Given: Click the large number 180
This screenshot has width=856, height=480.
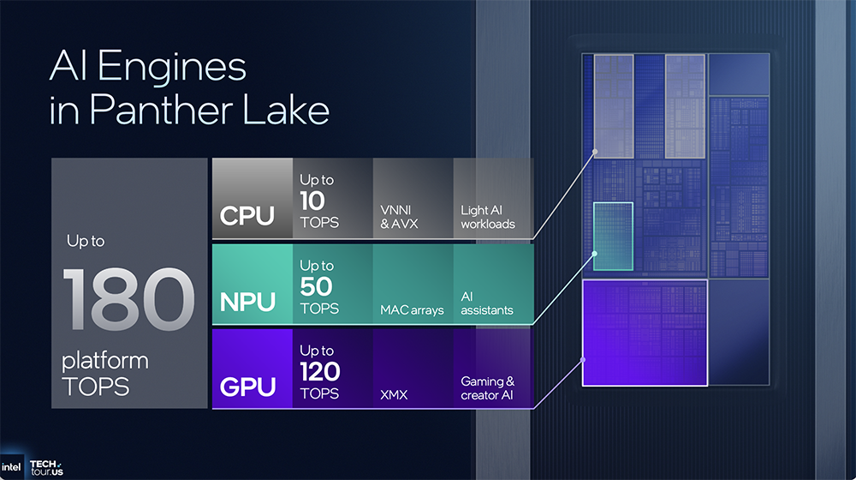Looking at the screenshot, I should pyautogui.click(x=128, y=299).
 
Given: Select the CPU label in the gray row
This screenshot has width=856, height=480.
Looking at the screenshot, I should pyautogui.click(x=247, y=215).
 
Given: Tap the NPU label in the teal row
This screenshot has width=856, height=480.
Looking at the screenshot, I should pyautogui.click(x=248, y=302).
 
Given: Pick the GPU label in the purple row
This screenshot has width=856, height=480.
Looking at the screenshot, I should pyautogui.click(x=248, y=387).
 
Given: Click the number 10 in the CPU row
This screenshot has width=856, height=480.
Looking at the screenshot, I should pyautogui.click(x=314, y=201).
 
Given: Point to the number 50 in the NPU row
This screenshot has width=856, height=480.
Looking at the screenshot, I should pyautogui.click(x=316, y=286).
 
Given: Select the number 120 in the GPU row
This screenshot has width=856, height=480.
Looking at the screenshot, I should pyautogui.click(x=320, y=372).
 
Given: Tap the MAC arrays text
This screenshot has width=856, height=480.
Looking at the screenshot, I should pyautogui.click(x=412, y=309).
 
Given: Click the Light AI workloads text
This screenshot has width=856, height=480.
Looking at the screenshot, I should pyautogui.click(x=488, y=216).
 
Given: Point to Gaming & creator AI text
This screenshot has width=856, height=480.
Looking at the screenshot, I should pyautogui.click(x=488, y=387).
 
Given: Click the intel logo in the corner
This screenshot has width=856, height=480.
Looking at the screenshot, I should pyautogui.click(x=12, y=467).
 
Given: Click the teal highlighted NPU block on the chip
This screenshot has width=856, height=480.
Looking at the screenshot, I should pyautogui.click(x=613, y=236).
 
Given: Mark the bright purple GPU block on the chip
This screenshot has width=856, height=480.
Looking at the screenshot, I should pyautogui.click(x=645, y=333).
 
